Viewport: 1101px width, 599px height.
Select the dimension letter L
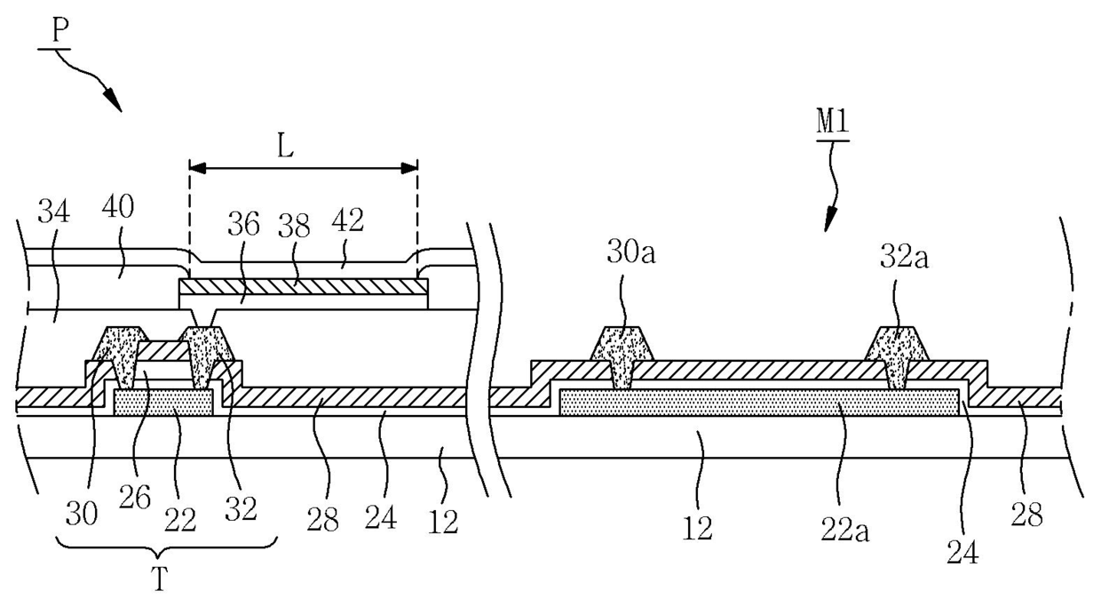coord(285,148)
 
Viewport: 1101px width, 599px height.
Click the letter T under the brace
coord(159,579)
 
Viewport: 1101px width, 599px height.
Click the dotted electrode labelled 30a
coord(622,346)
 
